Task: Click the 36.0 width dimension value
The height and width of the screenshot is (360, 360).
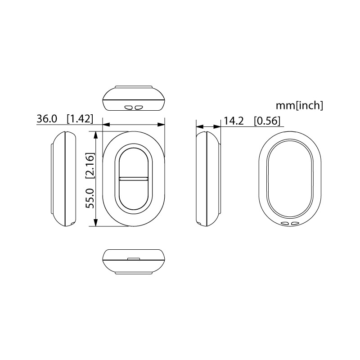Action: pos(47,119)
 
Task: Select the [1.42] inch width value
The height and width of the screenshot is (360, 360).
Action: pos(80,119)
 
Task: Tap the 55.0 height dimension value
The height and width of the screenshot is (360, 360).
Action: pos(90,198)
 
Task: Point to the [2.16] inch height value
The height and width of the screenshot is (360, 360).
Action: pos(90,165)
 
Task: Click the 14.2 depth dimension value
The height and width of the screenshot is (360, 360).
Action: pos(234,121)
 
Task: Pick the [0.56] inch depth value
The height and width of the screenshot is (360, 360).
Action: pos(267,121)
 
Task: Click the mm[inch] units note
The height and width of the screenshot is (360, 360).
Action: pos(299,106)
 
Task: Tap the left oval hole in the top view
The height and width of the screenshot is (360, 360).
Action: pos(128,107)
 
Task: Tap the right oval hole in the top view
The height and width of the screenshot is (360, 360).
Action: pos(139,107)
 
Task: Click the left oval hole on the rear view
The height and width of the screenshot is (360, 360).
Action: pos(285,223)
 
